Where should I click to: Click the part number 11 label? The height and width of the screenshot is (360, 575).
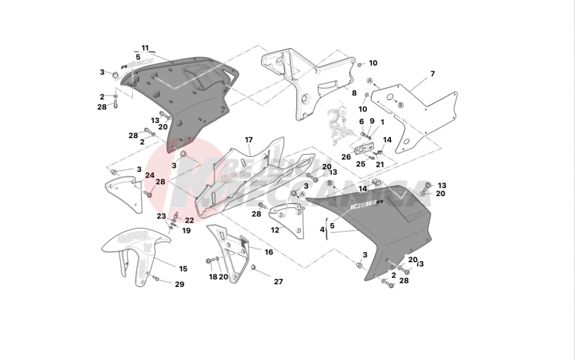(145, 48)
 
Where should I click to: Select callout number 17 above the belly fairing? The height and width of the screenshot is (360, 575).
(249, 140)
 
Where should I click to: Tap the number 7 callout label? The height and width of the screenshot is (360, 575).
(432, 74)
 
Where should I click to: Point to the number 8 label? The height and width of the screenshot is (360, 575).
(354, 93)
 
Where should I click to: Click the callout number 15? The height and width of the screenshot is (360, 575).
(183, 269)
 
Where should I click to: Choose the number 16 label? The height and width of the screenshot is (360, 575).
(269, 252)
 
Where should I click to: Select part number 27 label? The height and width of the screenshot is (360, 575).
(278, 282)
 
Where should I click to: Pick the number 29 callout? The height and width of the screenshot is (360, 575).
(179, 285)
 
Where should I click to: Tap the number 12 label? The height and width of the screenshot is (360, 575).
(275, 230)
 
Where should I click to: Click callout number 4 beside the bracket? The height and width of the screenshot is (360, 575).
(323, 229)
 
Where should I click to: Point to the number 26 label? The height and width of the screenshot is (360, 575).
(346, 156)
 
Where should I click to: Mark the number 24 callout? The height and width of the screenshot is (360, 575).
(149, 175)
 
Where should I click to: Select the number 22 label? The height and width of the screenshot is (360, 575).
(189, 220)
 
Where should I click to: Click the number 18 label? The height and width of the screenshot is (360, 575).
(213, 277)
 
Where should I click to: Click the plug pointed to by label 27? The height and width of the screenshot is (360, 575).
(253, 268)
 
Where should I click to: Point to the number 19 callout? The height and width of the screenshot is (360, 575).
(186, 231)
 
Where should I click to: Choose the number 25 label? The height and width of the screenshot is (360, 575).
(361, 164)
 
